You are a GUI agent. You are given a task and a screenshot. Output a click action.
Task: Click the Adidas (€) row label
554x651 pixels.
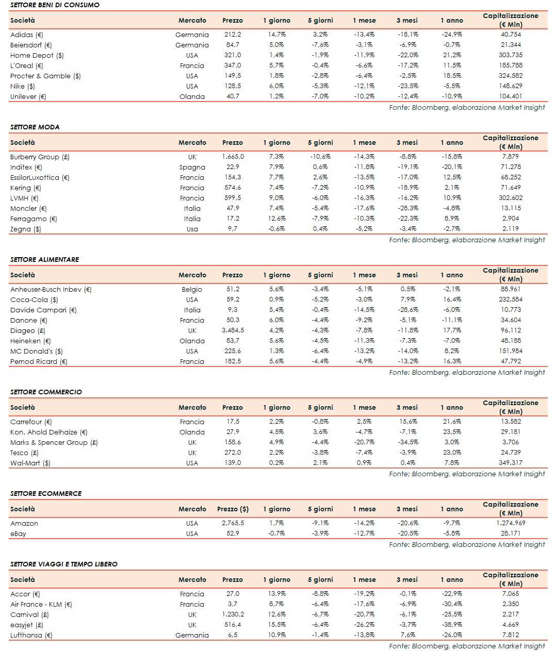[x=27, y=35]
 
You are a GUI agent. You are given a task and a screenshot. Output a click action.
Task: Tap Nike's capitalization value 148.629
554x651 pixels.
[x=510, y=86]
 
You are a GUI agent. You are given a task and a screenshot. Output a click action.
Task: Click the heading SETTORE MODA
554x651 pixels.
[x=35, y=127]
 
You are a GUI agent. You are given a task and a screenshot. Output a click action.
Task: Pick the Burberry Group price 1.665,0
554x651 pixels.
[x=233, y=157]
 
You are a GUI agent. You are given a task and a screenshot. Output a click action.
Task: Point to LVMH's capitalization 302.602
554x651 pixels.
[x=510, y=198]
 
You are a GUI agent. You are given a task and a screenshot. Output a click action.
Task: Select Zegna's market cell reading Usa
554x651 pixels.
[x=192, y=229]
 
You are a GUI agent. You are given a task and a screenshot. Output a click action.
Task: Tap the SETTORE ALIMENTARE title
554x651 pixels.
[x=45, y=259]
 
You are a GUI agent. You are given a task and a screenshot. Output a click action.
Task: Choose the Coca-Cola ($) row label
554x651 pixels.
[x=34, y=299]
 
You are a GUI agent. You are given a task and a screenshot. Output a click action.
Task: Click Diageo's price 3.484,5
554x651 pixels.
[x=233, y=330]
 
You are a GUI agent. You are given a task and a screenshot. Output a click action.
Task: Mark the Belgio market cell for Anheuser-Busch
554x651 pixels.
[x=192, y=289]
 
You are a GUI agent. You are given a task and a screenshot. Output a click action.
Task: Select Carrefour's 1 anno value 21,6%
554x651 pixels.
[x=452, y=422]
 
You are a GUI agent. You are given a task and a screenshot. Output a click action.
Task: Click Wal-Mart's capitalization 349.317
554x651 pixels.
[x=510, y=463]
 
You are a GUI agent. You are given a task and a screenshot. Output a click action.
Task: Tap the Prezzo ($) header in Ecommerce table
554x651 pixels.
[x=233, y=509]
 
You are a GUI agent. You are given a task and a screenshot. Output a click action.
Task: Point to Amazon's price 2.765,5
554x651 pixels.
[x=233, y=523]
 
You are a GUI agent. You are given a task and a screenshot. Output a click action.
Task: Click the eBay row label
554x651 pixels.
[x=18, y=533]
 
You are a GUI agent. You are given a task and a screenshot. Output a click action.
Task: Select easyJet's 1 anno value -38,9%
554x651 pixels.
[x=452, y=625]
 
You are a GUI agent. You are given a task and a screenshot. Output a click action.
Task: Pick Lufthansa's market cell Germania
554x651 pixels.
[x=192, y=635]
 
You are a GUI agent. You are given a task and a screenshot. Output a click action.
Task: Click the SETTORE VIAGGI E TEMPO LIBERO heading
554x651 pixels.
[x=64, y=564]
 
